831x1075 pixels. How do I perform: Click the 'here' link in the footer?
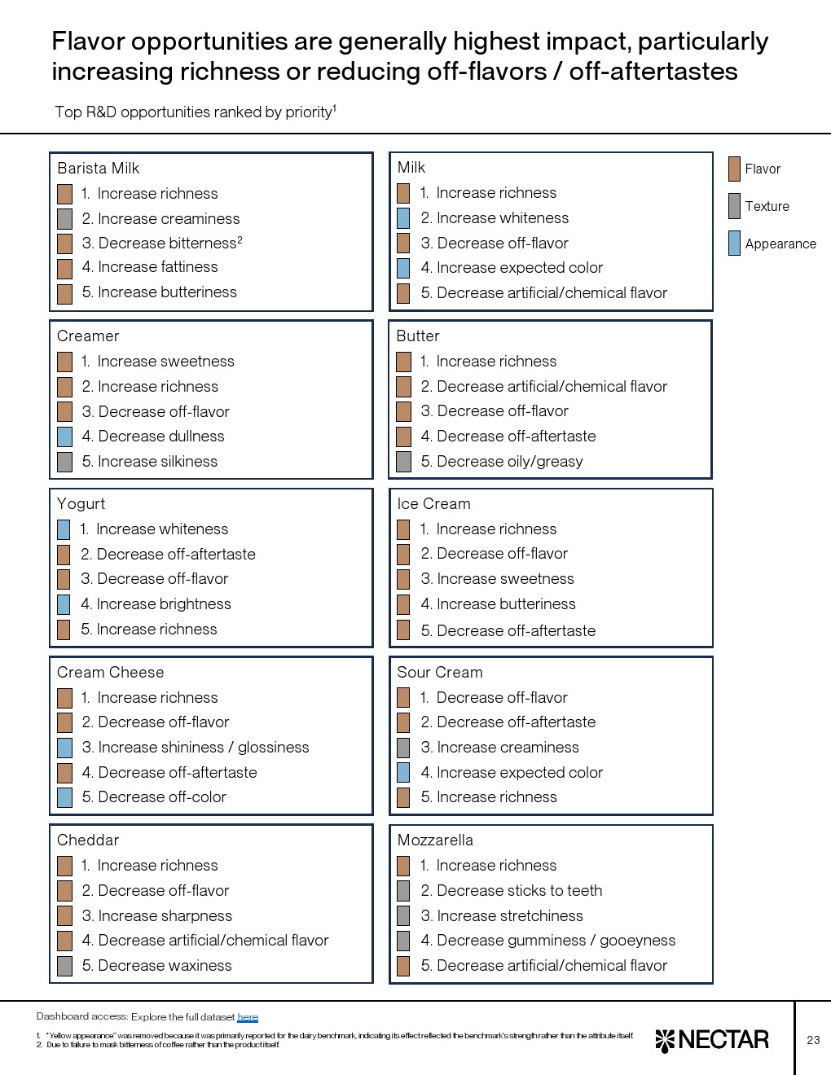click(248, 1016)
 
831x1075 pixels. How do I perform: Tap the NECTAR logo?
click(712, 1040)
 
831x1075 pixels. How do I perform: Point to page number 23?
click(813, 1040)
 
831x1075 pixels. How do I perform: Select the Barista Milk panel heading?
click(99, 169)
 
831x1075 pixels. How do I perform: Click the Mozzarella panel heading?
click(435, 840)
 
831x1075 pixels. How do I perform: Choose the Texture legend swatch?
click(734, 206)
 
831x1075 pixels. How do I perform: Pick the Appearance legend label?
click(780, 244)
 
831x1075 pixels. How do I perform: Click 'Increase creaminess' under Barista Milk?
click(169, 219)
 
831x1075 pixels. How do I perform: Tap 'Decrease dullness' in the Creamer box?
click(161, 437)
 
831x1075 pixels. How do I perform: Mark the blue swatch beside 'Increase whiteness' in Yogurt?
click(64, 529)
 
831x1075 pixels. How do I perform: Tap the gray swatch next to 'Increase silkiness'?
click(65, 462)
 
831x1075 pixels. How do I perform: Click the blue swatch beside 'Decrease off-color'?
click(65, 797)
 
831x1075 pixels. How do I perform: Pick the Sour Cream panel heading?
click(440, 673)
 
